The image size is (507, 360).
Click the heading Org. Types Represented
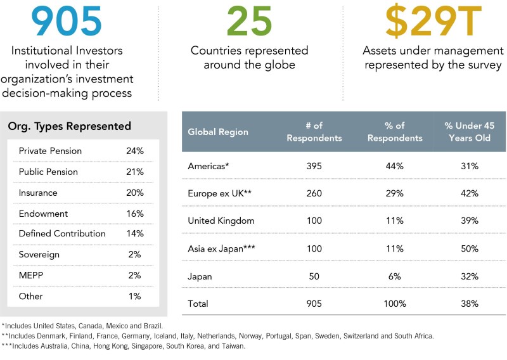pyautogui.click(x=70, y=126)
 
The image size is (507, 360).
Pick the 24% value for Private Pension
pyautogui.click(x=135, y=151)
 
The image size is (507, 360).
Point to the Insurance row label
pyautogui.click(x=38, y=193)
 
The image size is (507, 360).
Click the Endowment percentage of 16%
pyautogui.click(x=135, y=214)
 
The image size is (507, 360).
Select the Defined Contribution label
pyautogui.click(x=62, y=234)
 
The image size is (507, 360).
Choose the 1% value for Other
pyautogui.click(x=135, y=295)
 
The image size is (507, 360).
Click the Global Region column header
pyautogui.click(x=218, y=132)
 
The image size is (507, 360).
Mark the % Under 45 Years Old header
pyautogui.click(x=470, y=132)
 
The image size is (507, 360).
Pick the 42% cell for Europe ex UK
pyautogui.click(x=470, y=193)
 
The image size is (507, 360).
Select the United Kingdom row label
pyautogui.click(x=221, y=221)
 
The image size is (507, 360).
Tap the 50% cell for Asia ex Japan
pyautogui.click(x=470, y=249)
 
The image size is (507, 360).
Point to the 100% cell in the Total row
pyautogui.click(x=394, y=304)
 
